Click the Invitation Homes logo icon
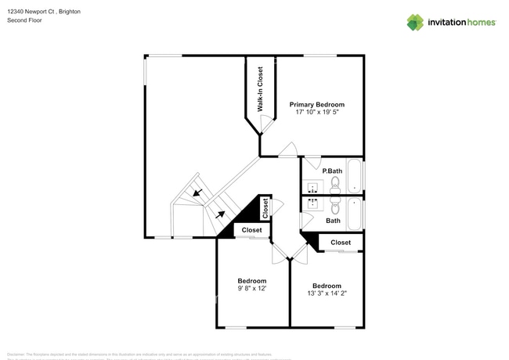415,22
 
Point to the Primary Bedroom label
316,104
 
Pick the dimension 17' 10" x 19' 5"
316,113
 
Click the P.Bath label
332,170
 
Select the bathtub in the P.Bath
355,176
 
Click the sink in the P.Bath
312,187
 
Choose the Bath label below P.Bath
333,221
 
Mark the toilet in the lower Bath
334,207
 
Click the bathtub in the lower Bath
355,213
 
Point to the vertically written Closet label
265,207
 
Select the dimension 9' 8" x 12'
252,289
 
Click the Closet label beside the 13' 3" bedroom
341,243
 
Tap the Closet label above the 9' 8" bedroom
251,230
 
